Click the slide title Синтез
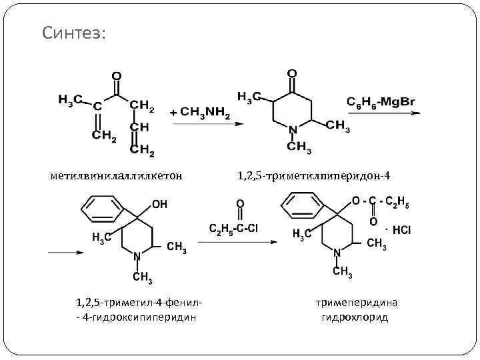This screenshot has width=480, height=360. point(73,33)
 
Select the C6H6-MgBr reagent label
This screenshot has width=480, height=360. point(381,101)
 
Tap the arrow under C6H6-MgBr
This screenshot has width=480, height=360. point(383,113)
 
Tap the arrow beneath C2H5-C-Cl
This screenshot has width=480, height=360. point(237,241)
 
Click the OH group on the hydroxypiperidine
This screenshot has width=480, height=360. point(160,204)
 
